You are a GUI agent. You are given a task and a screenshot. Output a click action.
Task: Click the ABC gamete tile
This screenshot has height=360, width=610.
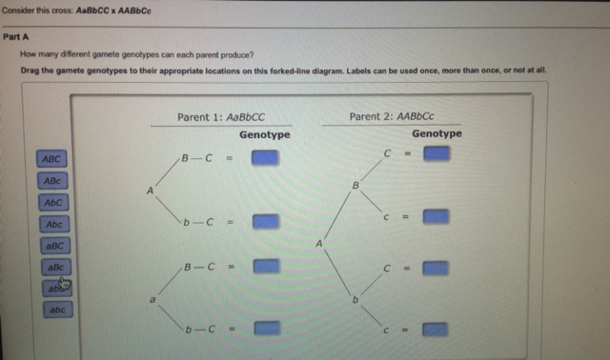[x=52, y=158]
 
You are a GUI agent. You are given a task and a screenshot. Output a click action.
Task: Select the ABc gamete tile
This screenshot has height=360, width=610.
[x=52, y=180]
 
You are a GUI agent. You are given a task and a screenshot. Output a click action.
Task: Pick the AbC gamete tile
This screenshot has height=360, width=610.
[x=52, y=202]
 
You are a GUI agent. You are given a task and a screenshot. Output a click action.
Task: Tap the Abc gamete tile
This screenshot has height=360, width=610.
[x=53, y=224]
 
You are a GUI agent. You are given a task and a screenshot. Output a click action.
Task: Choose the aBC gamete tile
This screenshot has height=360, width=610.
[x=53, y=246]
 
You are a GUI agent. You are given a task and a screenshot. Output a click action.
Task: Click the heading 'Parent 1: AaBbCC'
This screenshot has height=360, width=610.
[x=220, y=117]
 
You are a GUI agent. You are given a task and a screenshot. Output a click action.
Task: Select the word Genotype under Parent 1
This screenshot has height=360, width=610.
[x=264, y=135]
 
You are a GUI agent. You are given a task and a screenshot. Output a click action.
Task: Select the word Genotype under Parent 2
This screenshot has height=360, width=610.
[x=437, y=133]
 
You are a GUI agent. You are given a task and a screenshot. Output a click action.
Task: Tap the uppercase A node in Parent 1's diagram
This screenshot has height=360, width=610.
[x=150, y=190]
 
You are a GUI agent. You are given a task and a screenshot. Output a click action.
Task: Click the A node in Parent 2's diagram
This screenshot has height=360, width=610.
[x=319, y=245]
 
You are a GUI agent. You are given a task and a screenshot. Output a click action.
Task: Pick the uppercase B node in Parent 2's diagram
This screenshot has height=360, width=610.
[x=355, y=184]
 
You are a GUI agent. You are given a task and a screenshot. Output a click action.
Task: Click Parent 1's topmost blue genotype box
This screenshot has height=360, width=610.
[x=265, y=158]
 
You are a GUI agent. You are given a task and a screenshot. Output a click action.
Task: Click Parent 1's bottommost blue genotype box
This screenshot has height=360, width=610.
[x=266, y=329]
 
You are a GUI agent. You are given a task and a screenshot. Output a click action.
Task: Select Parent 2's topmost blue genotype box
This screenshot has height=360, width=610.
[x=437, y=153]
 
